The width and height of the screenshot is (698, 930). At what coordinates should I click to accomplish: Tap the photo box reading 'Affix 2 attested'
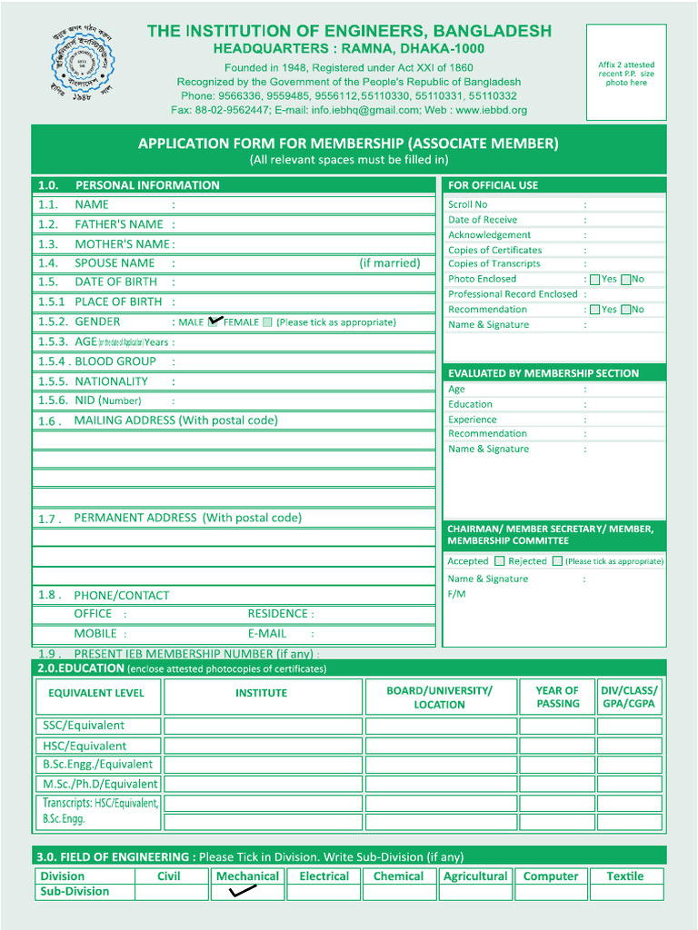(x=626, y=74)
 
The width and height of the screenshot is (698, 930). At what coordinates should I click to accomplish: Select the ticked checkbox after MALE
(x=214, y=322)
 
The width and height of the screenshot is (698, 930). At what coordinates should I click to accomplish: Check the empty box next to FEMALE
(x=267, y=322)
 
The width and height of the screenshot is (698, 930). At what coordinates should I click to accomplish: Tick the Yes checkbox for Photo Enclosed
(x=595, y=280)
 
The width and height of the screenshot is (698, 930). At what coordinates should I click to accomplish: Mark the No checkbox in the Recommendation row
(x=626, y=310)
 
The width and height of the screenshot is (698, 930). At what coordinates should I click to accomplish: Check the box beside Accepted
(x=499, y=561)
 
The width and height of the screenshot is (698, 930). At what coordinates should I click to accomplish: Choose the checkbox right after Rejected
(x=557, y=561)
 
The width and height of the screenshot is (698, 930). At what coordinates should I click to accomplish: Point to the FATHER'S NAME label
(x=118, y=224)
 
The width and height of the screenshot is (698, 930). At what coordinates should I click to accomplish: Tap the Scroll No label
(x=467, y=205)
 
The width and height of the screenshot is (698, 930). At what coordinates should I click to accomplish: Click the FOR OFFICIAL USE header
(x=493, y=185)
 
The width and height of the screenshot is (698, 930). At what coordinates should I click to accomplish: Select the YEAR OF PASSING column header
(x=557, y=697)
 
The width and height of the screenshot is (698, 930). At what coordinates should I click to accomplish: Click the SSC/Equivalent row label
(x=84, y=726)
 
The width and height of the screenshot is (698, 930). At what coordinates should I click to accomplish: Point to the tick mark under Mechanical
(x=244, y=892)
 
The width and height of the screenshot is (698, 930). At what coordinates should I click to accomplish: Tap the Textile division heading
(x=624, y=876)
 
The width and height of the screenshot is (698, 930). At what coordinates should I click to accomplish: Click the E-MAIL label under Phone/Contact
(x=267, y=634)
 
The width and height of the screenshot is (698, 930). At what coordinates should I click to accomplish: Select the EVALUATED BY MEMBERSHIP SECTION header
(x=543, y=373)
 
